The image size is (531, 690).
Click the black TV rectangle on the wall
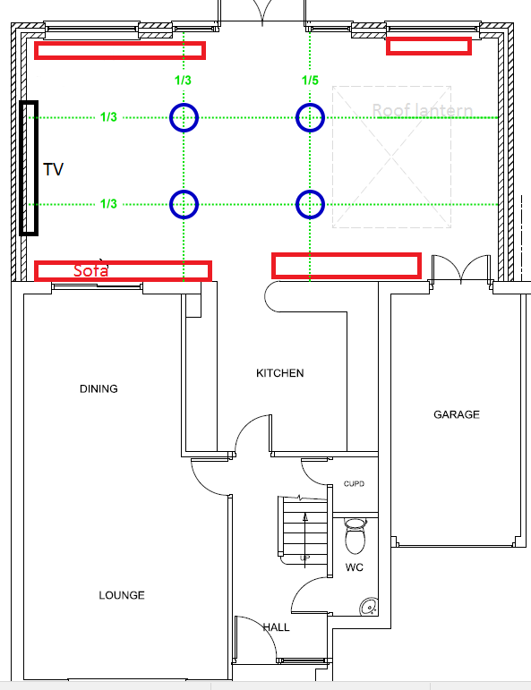click(29, 167)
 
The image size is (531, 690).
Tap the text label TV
click(54, 169)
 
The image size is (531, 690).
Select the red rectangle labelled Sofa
click(123, 270)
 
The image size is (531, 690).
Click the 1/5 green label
click(310, 81)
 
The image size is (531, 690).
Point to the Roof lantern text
click(422, 111)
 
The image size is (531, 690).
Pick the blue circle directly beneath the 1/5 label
click(310, 117)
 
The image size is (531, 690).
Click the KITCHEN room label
click(279, 373)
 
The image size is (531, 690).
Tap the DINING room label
click(98, 389)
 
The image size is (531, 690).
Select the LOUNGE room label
click(122, 595)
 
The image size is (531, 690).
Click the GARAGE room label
click(457, 414)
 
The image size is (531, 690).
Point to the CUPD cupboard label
click(354, 484)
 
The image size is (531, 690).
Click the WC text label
click(355, 568)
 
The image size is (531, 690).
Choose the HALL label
click(276, 627)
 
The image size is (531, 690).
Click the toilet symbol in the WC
click(355, 539)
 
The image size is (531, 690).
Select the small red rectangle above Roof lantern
click(428, 47)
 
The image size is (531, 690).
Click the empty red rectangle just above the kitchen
click(346, 265)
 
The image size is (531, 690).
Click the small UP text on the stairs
click(305, 558)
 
